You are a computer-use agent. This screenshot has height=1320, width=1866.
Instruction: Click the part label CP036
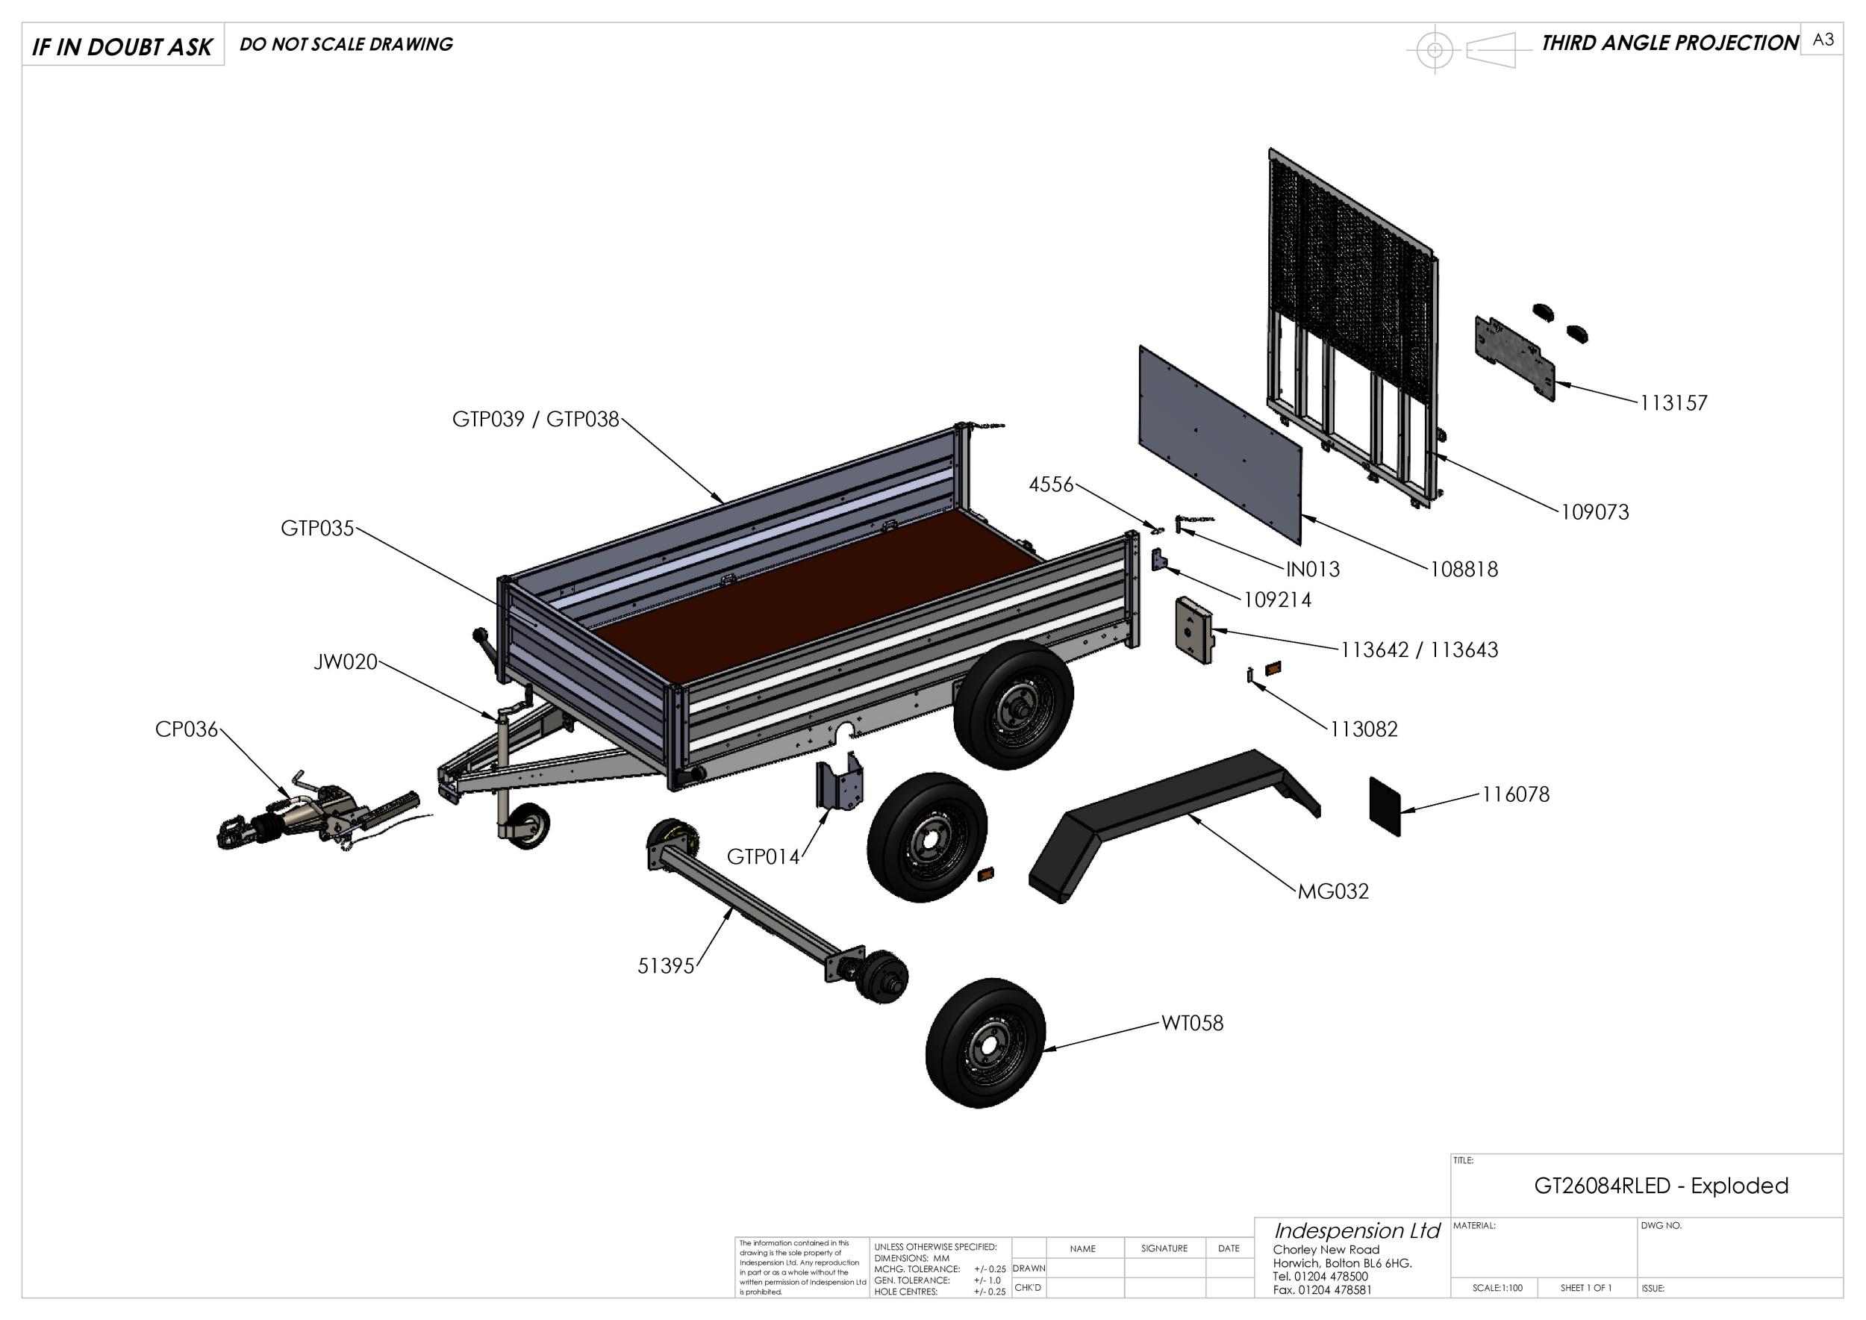pos(186,729)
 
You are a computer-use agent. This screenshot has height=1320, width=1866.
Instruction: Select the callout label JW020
pos(346,662)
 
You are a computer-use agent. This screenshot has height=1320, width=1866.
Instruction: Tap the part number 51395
pos(666,965)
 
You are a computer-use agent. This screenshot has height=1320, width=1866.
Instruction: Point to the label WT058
pos(1191,1023)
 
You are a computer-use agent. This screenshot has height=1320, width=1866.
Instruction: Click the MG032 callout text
pos(1333,891)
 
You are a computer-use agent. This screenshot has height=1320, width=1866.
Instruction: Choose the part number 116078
pos(1515,794)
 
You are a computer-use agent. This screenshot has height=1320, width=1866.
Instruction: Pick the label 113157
pos(1673,403)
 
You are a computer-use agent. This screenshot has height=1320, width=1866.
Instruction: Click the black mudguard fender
pos(1170,821)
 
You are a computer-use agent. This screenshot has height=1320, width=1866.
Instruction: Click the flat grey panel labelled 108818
pos(1219,443)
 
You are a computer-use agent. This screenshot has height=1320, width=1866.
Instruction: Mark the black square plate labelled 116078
pos(1385,806)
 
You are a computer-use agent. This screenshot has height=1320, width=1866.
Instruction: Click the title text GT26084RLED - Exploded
pos(1661,1185)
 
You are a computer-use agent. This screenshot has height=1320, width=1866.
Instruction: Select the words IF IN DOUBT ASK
pos(122,46)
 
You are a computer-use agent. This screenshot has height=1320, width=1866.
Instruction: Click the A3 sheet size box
pos(1822,40)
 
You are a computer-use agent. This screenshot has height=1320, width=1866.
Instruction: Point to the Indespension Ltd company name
pos(1355,1230)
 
